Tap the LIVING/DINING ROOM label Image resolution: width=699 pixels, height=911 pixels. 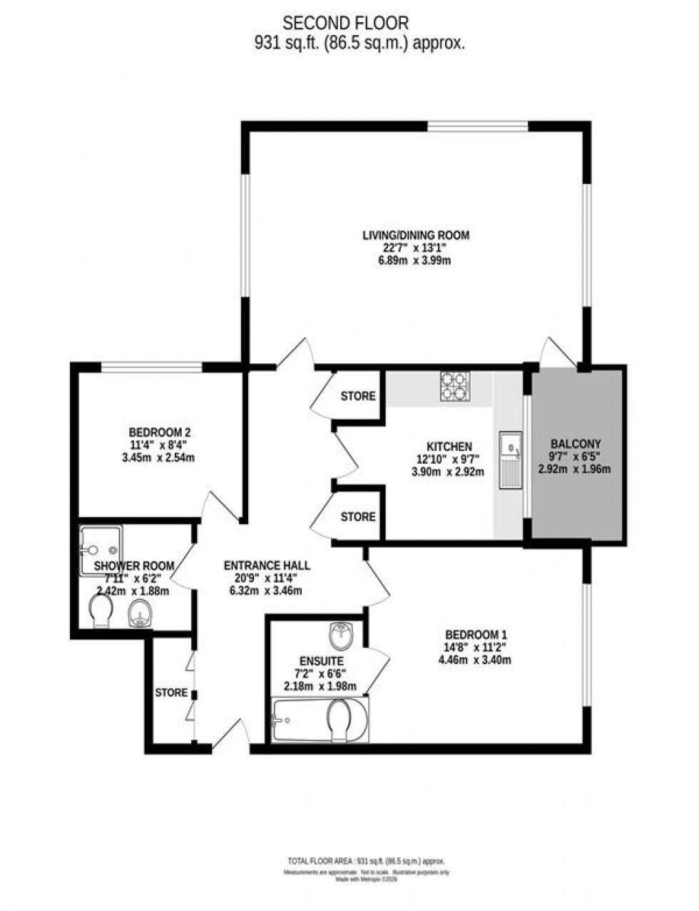coord(416,235)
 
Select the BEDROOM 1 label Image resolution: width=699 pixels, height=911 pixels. coord(476,634)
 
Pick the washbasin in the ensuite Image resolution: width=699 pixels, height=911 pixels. coord(345,633)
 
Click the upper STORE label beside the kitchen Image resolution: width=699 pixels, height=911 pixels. coord(357,396)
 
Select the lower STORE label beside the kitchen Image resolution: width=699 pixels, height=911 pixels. coord(357,516)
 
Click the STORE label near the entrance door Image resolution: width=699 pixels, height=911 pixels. coord(171,693)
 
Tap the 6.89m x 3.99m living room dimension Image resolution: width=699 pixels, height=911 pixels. coord(416,261)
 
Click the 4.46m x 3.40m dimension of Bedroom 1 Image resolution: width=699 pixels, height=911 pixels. coord(475,660)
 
